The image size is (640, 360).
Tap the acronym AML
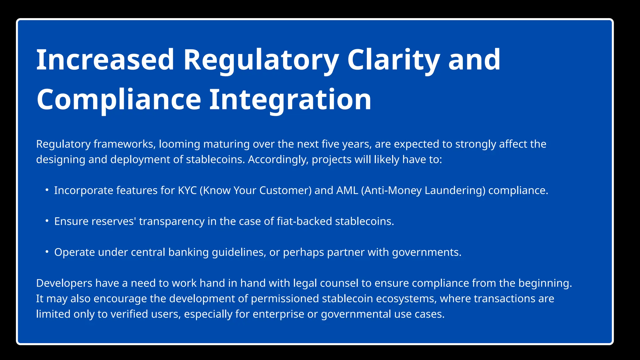point(347,190)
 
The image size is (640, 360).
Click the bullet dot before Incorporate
point(47,190)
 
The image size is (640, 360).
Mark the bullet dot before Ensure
point(47,221)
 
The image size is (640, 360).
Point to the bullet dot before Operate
point(47,252)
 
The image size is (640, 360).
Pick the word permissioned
point(285,299)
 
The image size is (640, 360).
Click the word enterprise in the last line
point(278,314)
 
